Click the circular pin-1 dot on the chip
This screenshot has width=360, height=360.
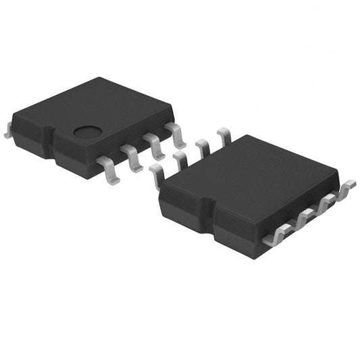tap(87, 132)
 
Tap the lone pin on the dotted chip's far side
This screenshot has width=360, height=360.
tap(8, 132)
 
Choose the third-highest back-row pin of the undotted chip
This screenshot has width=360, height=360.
tap(180, 159)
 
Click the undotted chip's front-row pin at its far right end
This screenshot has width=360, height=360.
tap(346, 187)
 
